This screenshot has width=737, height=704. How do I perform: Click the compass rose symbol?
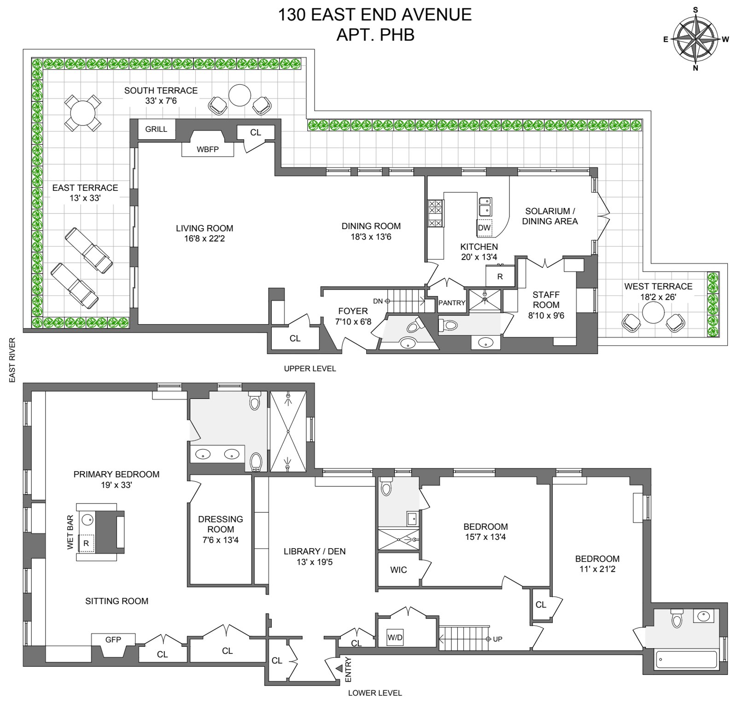[696, 39]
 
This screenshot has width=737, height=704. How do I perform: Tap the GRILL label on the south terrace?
[156, 129]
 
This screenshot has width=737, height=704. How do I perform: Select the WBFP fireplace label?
[207, 149]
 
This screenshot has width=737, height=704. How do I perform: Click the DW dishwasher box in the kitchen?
[484, 228]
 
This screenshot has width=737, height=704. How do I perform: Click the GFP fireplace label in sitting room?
[113, 639]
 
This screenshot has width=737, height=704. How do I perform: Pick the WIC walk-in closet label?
[398, 570]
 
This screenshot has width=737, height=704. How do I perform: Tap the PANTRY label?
[452, 303]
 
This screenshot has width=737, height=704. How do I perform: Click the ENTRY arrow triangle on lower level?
[339, 668]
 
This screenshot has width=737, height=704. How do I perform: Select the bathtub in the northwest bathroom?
[686, 660]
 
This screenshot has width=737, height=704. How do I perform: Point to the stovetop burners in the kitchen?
[435, 213]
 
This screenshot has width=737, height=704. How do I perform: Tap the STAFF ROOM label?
[546, 300]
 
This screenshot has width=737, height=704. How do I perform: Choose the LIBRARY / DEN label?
[315, 551]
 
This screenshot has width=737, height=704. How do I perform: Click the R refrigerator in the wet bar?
[86, 544]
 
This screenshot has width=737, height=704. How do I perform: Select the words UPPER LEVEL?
[310, 369]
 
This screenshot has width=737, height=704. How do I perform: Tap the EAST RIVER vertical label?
[12, 360]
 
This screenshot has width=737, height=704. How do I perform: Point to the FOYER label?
[353, 311]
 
